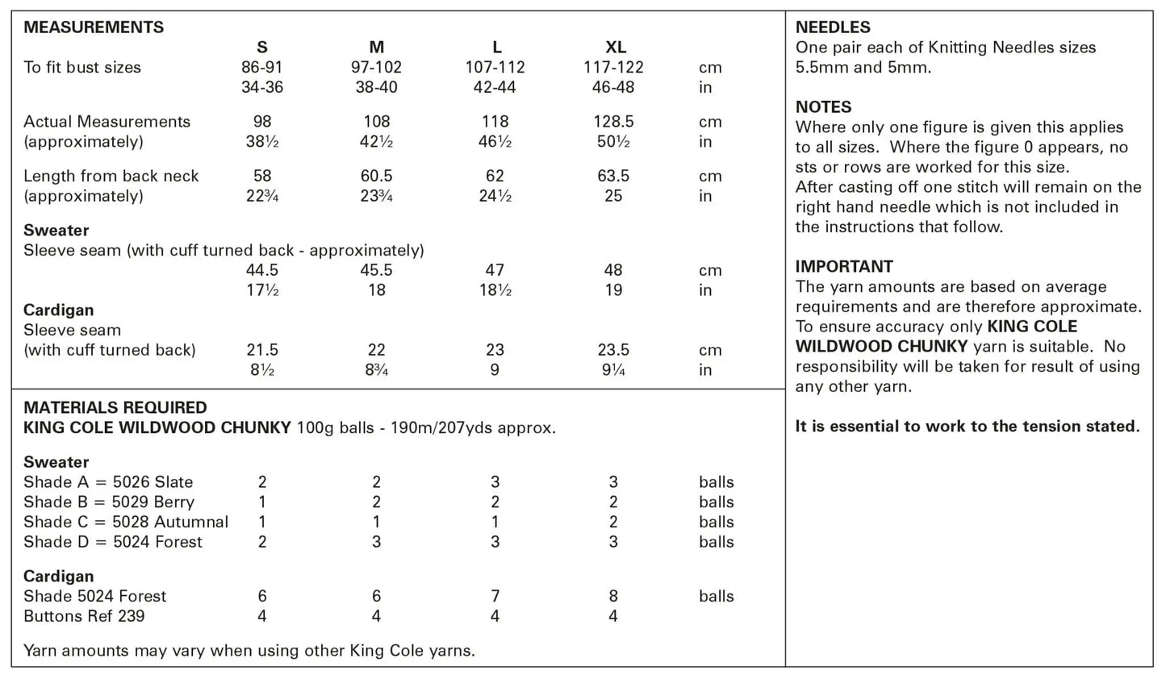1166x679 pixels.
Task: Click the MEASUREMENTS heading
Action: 94,27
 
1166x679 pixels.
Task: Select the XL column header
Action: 615,48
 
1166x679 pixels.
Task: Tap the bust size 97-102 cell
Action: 376,68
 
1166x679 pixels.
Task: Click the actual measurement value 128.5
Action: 613,122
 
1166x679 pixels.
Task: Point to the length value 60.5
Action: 376,176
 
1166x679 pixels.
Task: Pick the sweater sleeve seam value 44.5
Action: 262,270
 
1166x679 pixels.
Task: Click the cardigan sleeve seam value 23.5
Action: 613,350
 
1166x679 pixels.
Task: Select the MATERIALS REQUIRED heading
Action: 115,408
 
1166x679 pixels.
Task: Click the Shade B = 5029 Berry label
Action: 109,502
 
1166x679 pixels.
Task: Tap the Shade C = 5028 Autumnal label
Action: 126,522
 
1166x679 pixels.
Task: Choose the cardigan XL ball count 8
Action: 613,596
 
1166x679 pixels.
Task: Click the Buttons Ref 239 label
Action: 84,616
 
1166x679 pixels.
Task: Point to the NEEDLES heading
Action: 833,27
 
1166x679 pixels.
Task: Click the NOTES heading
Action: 823,107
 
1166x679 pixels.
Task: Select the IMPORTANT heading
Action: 844,267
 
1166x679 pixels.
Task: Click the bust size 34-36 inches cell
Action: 262,87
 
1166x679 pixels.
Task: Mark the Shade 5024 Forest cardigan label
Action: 94,596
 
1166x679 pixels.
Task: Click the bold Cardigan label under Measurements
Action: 58,310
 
